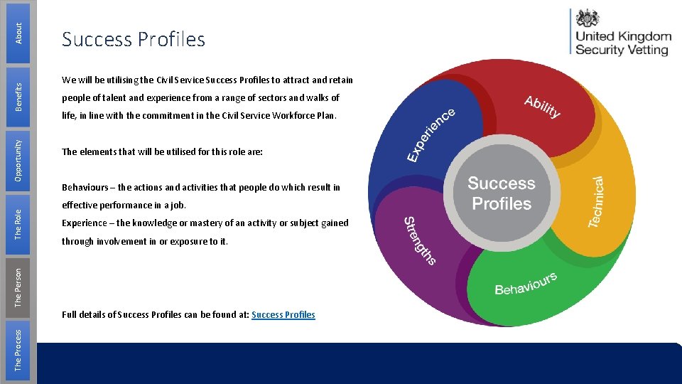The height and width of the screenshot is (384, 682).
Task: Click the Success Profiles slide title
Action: (134, 40)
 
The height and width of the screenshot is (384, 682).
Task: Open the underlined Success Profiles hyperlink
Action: (283, 314)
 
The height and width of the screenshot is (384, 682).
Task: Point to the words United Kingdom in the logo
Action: (623, 37)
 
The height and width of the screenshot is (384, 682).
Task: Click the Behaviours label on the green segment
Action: (526, 284)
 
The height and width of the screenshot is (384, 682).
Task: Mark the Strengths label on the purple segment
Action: (418, 240)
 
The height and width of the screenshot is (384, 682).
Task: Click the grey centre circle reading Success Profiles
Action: (502, 193)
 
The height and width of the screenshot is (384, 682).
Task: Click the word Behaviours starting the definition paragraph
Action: (85, 188)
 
